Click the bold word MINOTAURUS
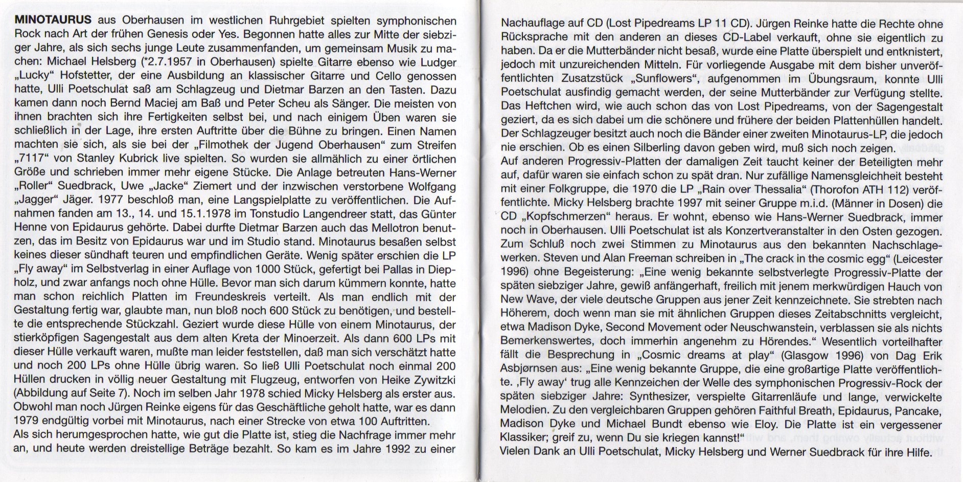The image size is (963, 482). [53, 21]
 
